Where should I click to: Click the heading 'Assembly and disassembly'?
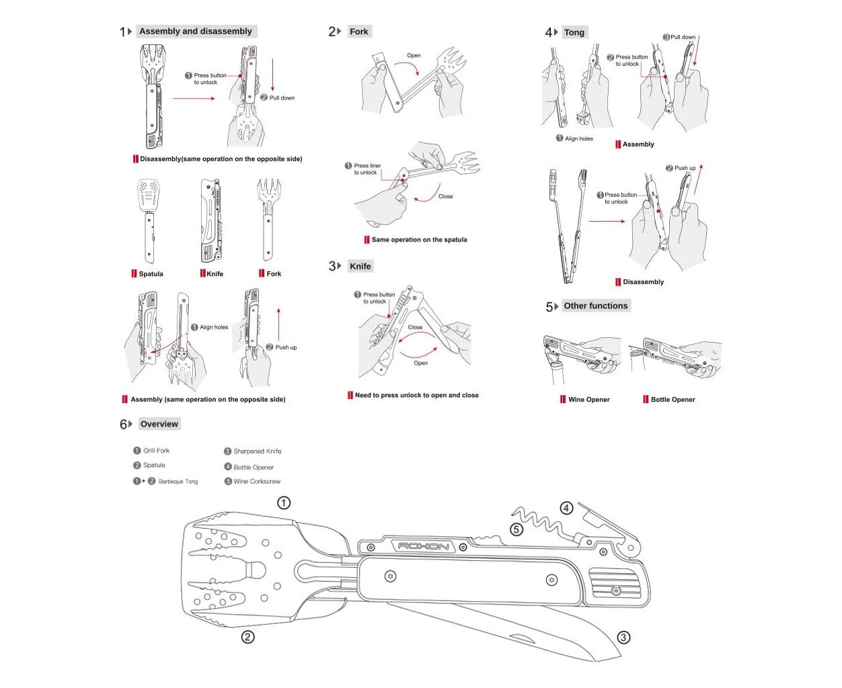click(195, 32)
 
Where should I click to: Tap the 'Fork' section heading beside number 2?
click(358, 32)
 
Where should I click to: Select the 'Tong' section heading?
click(574, 32)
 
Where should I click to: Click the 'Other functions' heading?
click(595, 306)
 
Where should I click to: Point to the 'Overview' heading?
click(159, 424)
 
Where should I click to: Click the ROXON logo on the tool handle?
click(423, 546)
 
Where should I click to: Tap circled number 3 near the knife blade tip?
click(623, 637)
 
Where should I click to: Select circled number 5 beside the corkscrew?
click(516, 529)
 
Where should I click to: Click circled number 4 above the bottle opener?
click(567, 508)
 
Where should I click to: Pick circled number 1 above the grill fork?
click(284, 503)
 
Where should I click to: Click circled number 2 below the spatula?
click(247, 636)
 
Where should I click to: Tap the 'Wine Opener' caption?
click(588, 400)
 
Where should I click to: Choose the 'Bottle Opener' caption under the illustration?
click(673, 400)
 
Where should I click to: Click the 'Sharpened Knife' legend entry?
click(257, 451)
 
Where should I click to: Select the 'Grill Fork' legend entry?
click(156, 451)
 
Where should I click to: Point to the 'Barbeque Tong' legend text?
click(178, 481)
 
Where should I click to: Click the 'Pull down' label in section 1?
click(282, 98)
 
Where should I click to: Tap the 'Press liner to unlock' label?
click(367, 169)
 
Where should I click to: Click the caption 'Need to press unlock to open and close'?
click(416, 396)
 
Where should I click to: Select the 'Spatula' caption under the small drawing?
click(151, 274)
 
